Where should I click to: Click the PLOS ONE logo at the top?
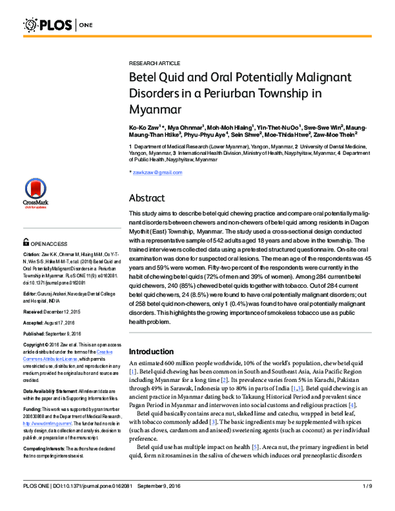point(59,26)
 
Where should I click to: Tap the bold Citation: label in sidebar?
point(32,254)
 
